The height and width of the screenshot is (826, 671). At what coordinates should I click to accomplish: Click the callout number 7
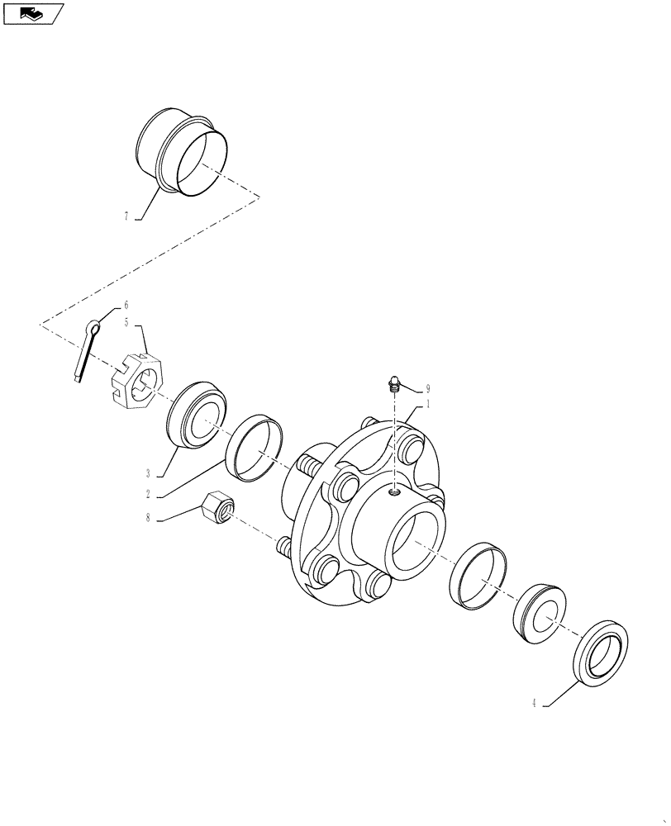coord(126,216)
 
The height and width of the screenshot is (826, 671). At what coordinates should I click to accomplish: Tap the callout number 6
coord(126,305)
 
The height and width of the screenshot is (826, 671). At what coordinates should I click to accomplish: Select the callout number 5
coord(126,322)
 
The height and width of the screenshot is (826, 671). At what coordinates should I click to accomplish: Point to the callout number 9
coord(428,388)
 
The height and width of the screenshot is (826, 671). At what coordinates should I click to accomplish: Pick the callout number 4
coord(535,704)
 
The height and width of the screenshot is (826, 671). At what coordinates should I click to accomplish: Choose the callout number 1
coord(428,405)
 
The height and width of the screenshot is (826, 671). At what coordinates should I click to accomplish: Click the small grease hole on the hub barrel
coord(395,493)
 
